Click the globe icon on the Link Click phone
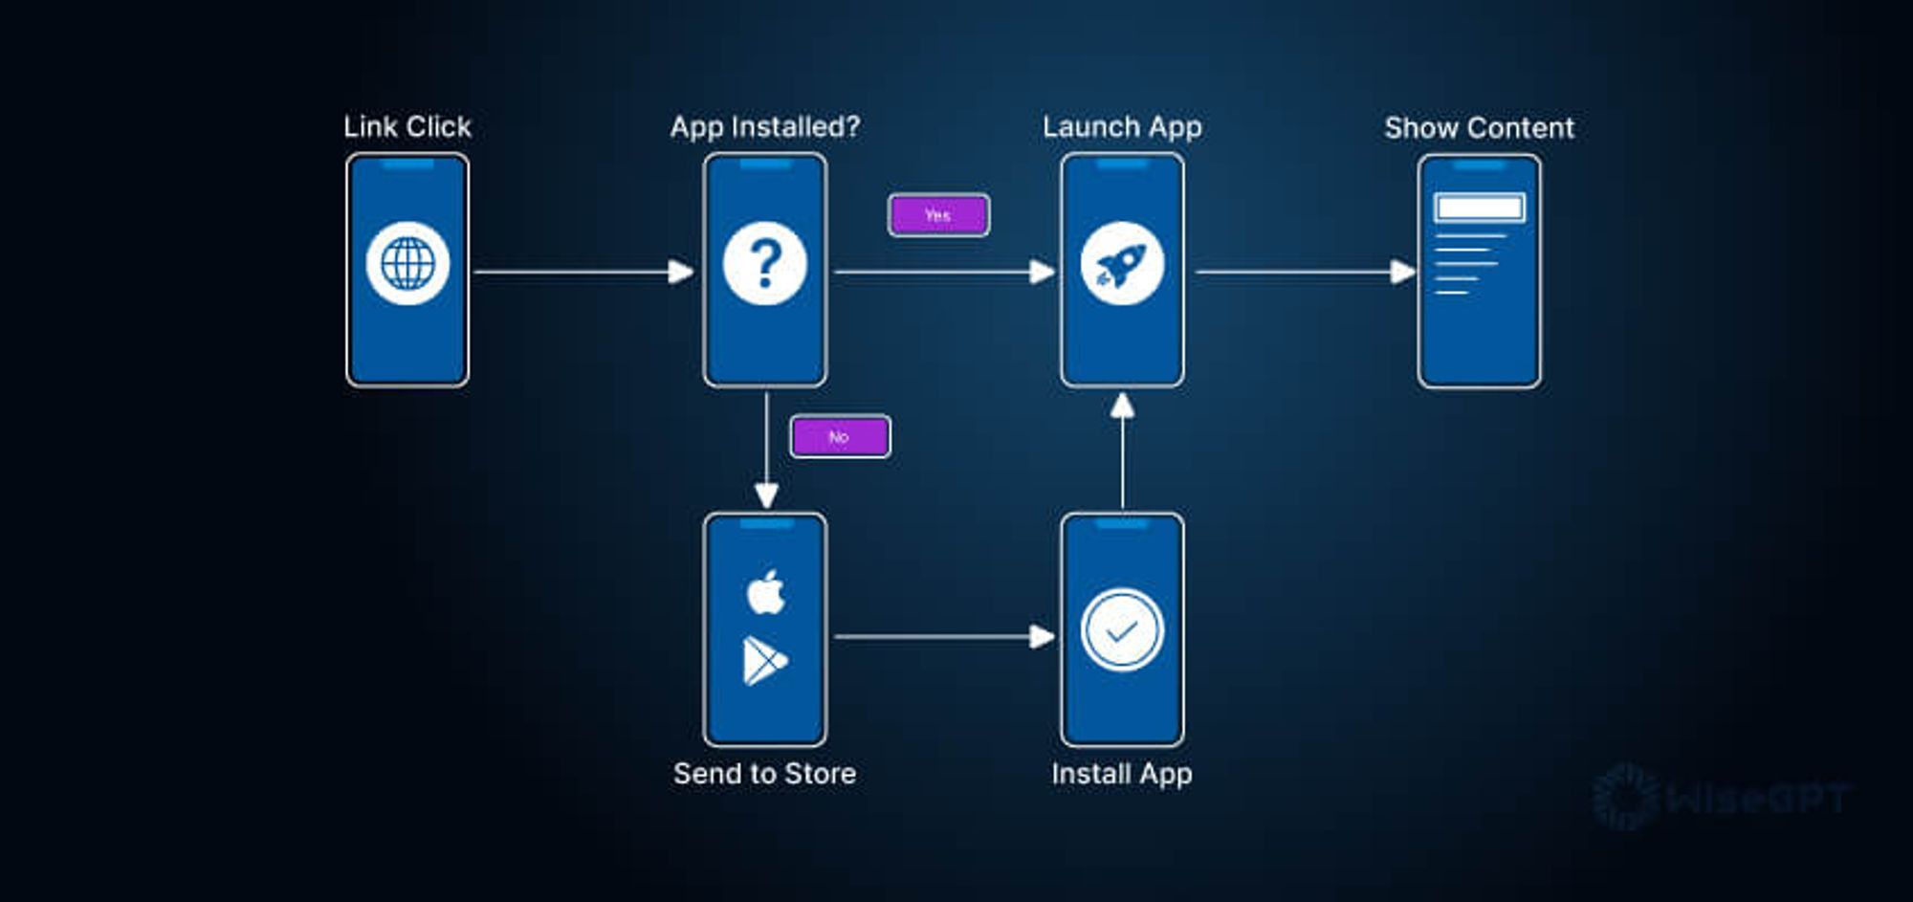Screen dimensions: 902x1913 (407, 263)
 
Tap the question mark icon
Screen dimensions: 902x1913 (764, 263)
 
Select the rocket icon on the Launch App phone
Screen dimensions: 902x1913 (1122, 263)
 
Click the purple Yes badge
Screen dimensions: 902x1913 (938, 215)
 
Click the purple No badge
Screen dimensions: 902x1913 (840, 437)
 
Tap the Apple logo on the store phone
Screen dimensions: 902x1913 (765, 592)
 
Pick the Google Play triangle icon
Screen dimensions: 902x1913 (764, 661)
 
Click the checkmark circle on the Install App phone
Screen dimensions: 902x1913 (1122, 630)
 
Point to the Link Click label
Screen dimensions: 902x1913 (407, 126)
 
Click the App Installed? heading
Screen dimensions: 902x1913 (764, 126)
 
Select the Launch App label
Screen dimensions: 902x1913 (1122, 126)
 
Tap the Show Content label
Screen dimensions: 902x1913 (1479, 127)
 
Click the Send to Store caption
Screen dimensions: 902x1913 (764, 773)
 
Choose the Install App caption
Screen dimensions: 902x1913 (1122, 773)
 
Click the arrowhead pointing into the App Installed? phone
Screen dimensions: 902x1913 (681, 273)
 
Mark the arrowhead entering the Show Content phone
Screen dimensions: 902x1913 (1402, 273)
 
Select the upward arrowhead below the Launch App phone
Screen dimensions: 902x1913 (1123, 406)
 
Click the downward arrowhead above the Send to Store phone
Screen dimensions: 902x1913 (766, 495)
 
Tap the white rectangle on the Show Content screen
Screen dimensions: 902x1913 (1479, 208)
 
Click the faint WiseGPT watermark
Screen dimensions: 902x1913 (1722, 797)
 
